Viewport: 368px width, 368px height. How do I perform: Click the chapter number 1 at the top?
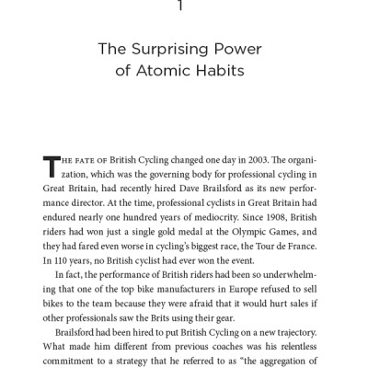(184, 7)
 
